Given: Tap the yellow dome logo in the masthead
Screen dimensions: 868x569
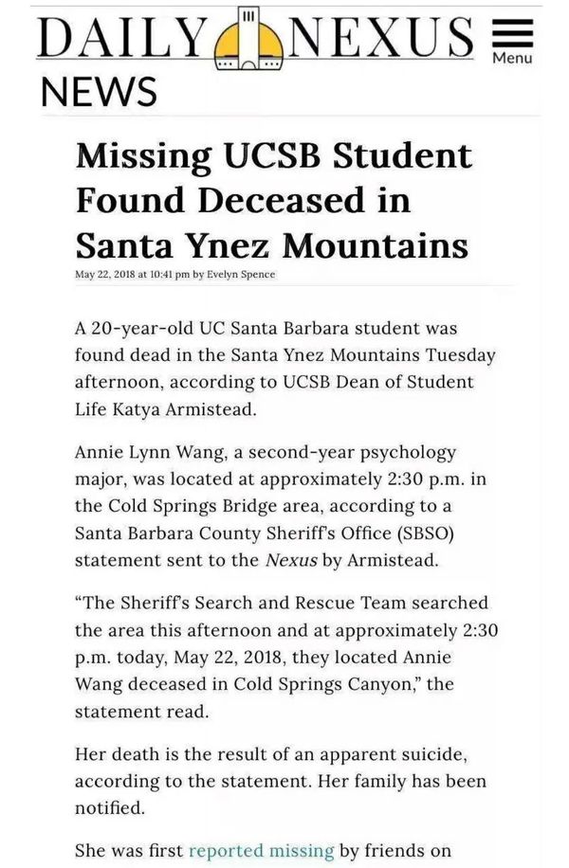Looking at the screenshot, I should click(x=247, y=43).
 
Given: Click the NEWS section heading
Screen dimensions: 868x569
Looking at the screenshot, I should click(x=98, y=92).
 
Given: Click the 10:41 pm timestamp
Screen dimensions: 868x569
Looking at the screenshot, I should click(x=166, y=275).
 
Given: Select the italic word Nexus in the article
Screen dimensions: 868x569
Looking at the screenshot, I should click(x=293, y=560).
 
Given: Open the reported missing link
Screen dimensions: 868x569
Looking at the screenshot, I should click(x=261, y=851).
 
